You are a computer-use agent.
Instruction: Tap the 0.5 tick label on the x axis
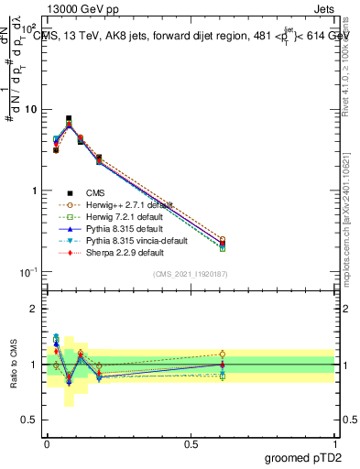click(191, 442)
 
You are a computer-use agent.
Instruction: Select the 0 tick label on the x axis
click(48, 442)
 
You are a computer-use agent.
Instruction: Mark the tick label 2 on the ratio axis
click(33, 309)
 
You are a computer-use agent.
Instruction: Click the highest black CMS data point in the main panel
click(69, 119)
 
